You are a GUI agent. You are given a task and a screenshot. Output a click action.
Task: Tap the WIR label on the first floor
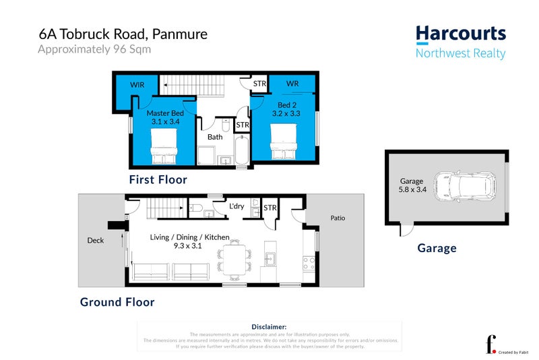137,86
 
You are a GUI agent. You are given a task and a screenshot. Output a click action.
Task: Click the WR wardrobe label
292,84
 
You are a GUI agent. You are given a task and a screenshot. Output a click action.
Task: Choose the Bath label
215,137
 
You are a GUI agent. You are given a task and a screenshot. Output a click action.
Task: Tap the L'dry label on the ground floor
236,206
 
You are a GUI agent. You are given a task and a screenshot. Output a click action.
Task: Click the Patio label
338,218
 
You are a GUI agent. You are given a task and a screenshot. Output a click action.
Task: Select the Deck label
96,239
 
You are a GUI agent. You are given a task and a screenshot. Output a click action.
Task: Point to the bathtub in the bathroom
241,150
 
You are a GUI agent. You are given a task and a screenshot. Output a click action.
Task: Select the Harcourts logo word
460,34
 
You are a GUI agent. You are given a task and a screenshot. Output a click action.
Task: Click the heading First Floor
158,180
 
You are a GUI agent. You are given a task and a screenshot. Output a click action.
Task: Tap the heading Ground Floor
117,302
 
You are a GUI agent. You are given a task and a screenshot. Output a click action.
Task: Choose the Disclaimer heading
269,326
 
